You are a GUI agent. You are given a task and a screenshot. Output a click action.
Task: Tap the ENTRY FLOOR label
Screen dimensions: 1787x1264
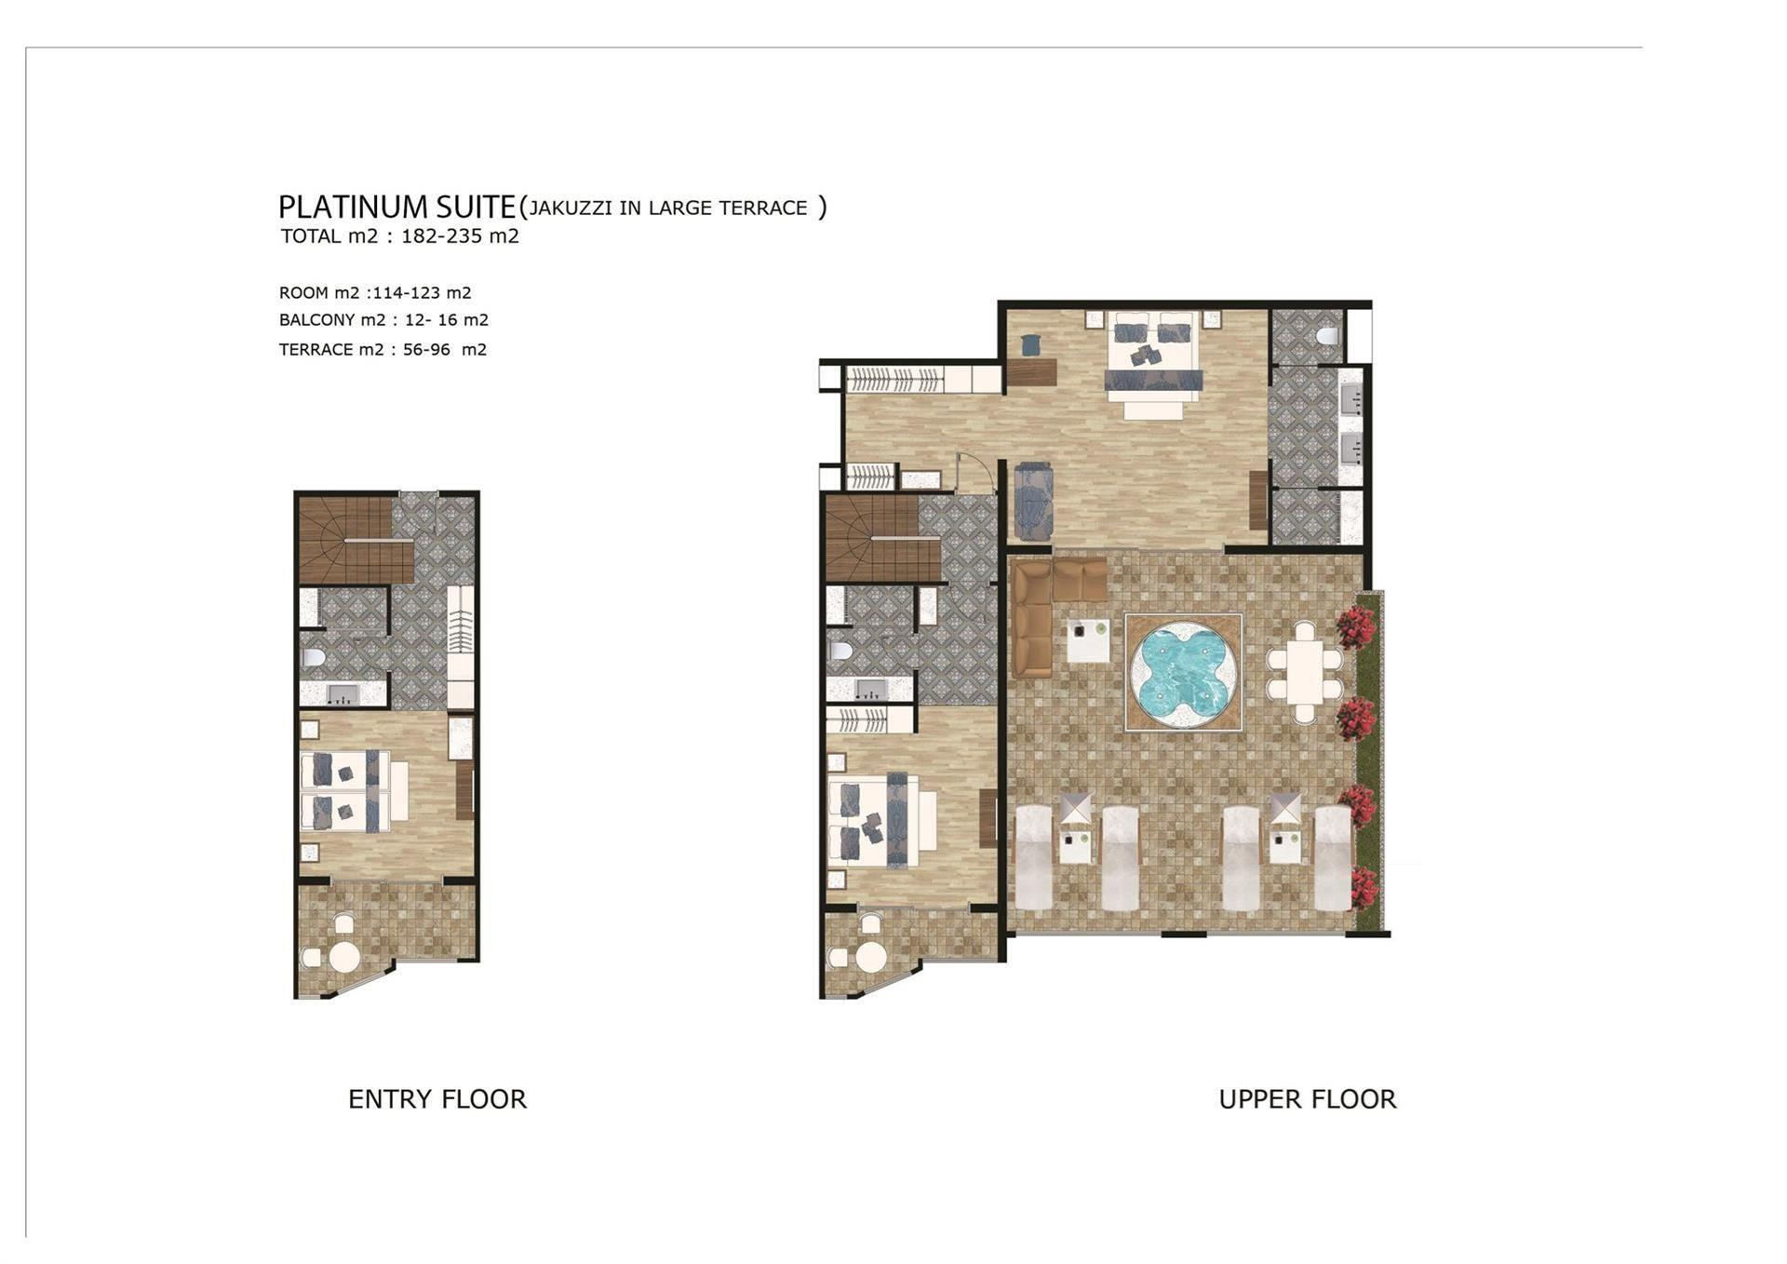click(x=437, y=1099)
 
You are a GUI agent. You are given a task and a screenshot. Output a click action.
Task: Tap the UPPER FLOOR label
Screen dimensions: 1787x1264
click(x=1308, y=1099)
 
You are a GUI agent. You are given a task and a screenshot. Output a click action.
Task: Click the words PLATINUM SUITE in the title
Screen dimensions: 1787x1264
click(x=397, y=206)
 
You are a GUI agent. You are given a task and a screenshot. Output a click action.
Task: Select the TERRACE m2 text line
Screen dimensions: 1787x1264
click(x=383, y=350)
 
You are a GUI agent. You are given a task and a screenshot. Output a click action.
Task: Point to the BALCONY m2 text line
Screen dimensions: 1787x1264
click(x=383, y=320)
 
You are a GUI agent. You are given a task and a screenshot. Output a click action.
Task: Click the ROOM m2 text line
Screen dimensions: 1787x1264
click(x=375, y=292)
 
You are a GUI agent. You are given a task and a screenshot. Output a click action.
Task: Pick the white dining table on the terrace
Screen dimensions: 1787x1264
click(x=1305, y=673)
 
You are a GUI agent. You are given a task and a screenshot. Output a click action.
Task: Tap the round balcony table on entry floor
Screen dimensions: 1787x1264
click(x=344, y=956)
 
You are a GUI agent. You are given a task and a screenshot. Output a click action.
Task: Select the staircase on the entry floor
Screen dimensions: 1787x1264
click(x=356, y=539)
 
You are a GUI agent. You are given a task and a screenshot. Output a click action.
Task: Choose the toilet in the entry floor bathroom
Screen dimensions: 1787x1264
click(x=314, y=658)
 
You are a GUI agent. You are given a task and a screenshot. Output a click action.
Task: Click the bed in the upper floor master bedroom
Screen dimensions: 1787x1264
click(x=1153, y=358)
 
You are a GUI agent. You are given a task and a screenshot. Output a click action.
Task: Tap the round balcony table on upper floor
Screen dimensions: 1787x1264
click(x=871, y=956)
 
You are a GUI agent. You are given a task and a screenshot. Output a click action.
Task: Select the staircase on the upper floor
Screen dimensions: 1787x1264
click(x=883, y=539)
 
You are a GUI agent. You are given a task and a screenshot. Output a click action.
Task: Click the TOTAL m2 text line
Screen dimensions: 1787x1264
click(x=400, y=236)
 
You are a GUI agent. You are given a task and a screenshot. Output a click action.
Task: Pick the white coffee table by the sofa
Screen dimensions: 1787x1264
click(x=1088, y=640)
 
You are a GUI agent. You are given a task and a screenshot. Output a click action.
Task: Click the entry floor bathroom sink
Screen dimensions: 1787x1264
click(x=343, y=693)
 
